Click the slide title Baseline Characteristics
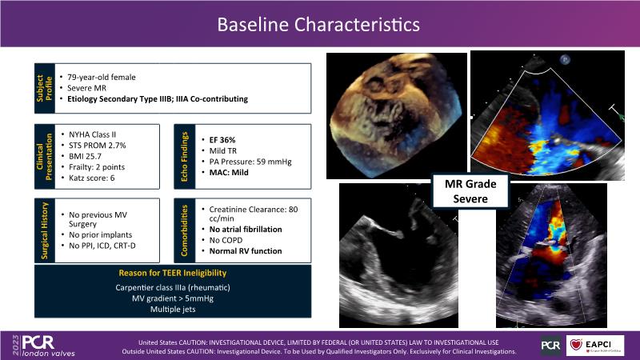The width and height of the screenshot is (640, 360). pyautogui.click(x=318, y=25)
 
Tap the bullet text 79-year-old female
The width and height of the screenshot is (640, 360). pyautogui.click(x=102, y=77)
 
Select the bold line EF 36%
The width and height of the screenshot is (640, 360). pyautogui.click(x=222, y=140)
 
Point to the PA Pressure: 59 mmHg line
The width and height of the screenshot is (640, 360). pyautogui.click(x=250, y=162)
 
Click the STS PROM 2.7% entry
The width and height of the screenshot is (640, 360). pyautogui.click(x=97, y=146)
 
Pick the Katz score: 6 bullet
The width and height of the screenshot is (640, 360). pyautogui.click(x=91, y=178)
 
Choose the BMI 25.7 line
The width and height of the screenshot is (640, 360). pyautogui.click(x=85, y=156)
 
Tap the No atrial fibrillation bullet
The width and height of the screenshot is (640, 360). pyautogui.click(x=246, y=230)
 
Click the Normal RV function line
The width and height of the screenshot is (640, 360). pyautogui.click(x=246, y=251)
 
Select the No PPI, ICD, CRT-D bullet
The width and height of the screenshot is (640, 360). pyautogui.click(x=102, y=246)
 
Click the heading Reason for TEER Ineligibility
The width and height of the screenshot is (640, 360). pyautogui.click(x=173, y=273)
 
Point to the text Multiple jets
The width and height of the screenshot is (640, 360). pyautogui.click(x=173, y=310)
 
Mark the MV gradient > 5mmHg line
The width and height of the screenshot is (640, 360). pyautogui.click(x=173, y=298)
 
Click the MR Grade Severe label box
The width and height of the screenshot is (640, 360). pyautogui.click(x=470, y=191)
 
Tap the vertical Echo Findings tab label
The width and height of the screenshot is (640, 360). pyautogui.click(x=185, y=157)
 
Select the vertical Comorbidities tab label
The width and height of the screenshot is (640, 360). pyautogui.click(x=185, y=230)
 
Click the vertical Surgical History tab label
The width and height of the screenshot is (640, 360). pyautogui.click(x=45, y=230)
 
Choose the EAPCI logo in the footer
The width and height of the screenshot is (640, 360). pyautogui.click(x=595, y=346)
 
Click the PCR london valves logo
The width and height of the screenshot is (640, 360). pyautogui.click(x=44, y=346)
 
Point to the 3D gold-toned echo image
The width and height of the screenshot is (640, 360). pyautogui.click(x=397, y=116)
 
